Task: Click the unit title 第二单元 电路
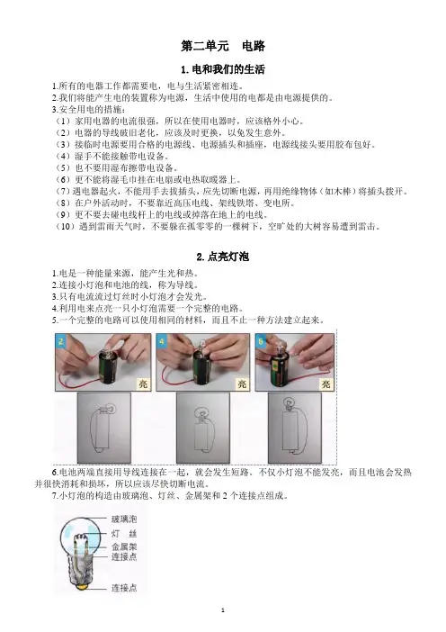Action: [x=223, y=46]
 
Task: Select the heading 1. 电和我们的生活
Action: [x=223, y=69]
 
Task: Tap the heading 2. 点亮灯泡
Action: [x=223, y=257]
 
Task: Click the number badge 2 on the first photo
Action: [x=61, y=342]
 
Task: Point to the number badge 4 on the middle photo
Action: [x=162, y=342]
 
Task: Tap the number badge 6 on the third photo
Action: [x=261, y=342]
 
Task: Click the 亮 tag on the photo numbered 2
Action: [x=143, y=384]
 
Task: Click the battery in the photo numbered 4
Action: [x=204, y=370]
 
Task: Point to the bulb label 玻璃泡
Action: [x=124, y=519]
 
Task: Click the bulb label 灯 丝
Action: [x=124, y=534]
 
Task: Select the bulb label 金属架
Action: [x=124, y=547]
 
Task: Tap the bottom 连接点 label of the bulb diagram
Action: [x=124, y=588]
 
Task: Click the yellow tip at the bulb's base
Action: [x=82, y=587]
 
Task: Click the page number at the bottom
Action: [x=223, y=610]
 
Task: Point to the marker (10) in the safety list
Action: [x=66, y=227]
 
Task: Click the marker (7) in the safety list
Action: [x=63, y=192]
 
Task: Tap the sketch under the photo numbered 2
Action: [x=103, y=428]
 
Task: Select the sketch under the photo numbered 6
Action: [x=295, y=428]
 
